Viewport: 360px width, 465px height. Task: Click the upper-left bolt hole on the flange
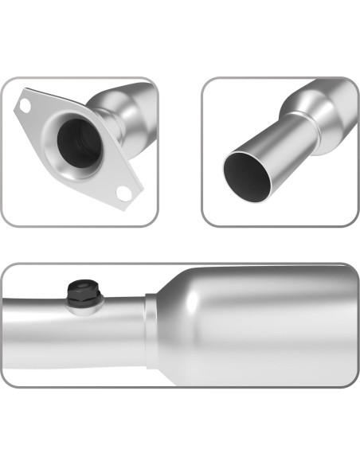click(x=25, y=105)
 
